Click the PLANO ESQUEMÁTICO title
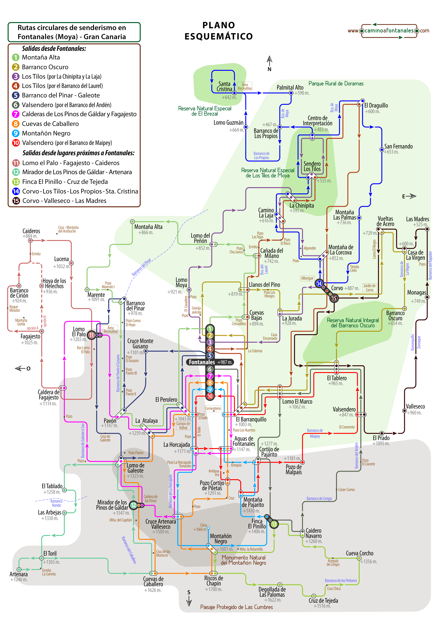coord(218,31)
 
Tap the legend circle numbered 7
coord(16,114)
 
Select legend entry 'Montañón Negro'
coord(46,133)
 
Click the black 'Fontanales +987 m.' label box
coord(210,362)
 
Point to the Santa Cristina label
coord(224,87)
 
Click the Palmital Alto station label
coord(290,87)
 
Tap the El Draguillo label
coord(376,106)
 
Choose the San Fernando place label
coord(398,147)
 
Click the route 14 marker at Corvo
coord(319,283)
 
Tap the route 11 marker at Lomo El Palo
coord(91,335)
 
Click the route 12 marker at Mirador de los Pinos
coord(133,505)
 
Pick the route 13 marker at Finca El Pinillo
coord(274,524)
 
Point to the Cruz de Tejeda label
coord(323,601)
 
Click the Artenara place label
coord(19,574)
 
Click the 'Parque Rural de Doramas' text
coord(336,84)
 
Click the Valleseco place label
coord(415,407)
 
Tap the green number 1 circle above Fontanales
coord(210,329)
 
